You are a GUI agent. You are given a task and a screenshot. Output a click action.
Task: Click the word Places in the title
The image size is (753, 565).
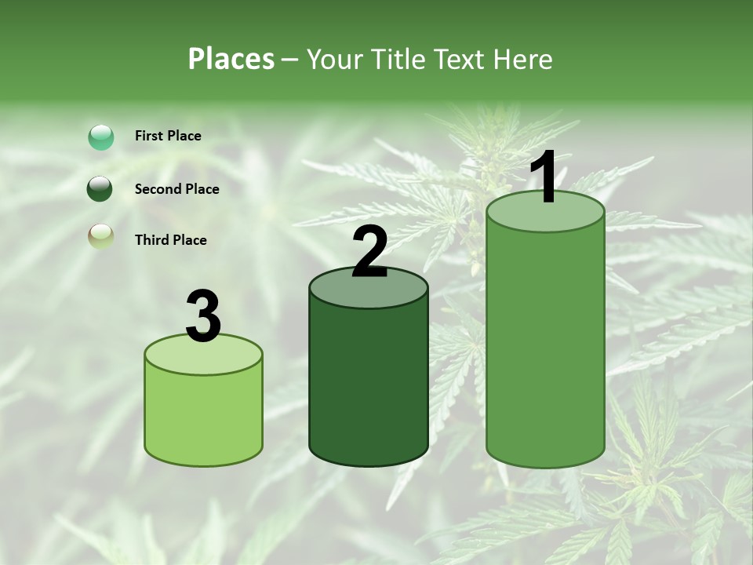(231, 59)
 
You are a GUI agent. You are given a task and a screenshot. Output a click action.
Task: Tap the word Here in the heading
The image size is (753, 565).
(522, 59)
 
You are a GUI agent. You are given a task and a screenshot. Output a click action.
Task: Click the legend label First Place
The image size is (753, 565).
(168, 136)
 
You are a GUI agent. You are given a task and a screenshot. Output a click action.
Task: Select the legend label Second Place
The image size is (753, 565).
(176, 189)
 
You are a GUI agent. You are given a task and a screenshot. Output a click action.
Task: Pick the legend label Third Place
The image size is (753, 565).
(170, 240)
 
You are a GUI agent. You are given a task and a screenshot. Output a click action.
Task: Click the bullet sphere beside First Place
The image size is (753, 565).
(101, 137)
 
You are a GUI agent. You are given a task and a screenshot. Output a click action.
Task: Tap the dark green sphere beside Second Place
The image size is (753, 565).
(100, 189)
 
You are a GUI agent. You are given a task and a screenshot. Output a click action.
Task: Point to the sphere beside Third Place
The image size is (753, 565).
(100, 236)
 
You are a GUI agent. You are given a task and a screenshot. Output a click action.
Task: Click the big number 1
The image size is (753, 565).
(544, 177)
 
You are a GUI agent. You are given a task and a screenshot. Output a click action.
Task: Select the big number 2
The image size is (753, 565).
(369, 252)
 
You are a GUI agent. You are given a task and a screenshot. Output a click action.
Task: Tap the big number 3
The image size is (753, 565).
(203, 315)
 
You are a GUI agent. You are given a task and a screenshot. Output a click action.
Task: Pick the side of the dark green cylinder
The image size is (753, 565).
(369, 385)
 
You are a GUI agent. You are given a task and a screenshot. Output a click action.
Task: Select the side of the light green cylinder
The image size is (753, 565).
(203, 416)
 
